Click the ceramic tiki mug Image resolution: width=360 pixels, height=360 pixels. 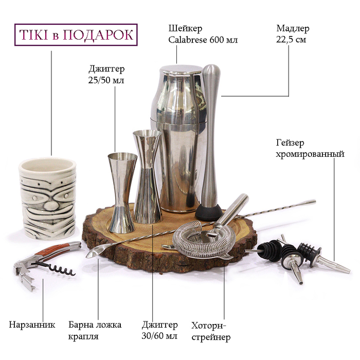47,199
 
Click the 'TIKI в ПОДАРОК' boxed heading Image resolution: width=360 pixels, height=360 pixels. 76,34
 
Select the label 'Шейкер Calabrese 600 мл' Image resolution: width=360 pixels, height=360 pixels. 203,34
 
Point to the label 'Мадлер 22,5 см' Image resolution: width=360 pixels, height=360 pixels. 293,34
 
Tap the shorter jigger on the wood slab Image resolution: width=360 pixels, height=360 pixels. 122,192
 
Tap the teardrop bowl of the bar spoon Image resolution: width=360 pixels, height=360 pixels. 95,251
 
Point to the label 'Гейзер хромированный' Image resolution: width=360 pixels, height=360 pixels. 310,148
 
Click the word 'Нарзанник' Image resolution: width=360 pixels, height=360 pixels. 32,325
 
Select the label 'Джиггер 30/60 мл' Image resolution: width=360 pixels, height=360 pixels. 159,330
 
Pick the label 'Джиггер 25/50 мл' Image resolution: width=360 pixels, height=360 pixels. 106,75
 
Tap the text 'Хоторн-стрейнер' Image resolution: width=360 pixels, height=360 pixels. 211,331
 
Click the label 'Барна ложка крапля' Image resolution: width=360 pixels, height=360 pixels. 95,331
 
